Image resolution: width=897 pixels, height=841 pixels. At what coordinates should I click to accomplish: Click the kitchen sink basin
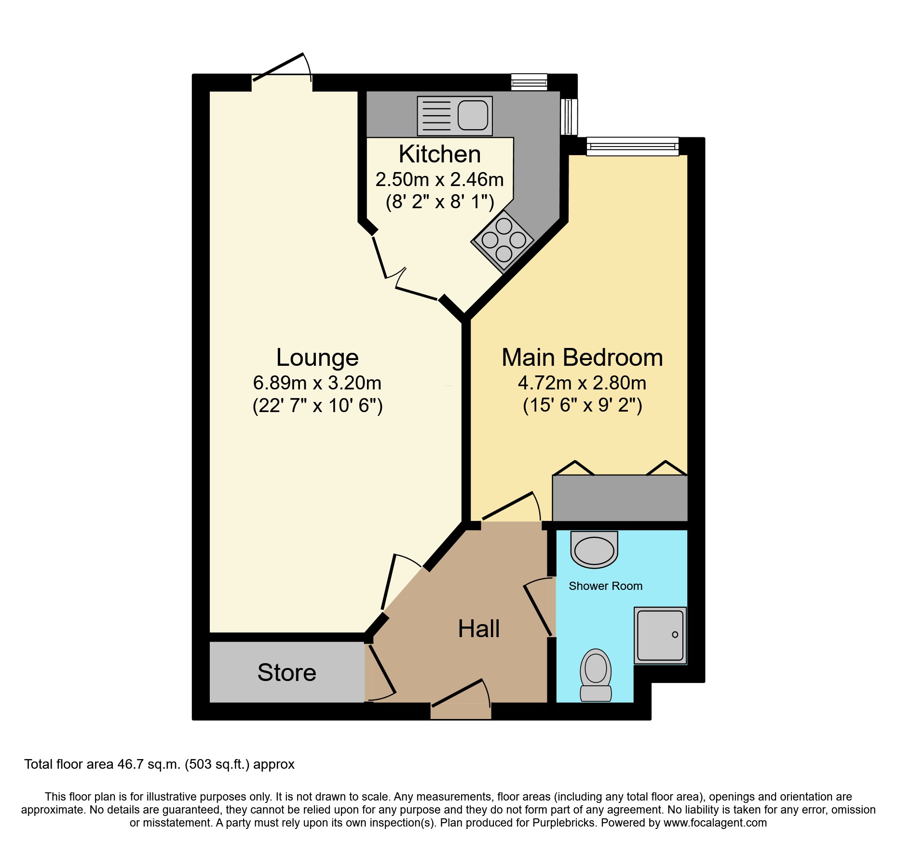pos(473,115)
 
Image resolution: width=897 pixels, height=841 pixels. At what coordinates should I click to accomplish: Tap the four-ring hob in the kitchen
pos(503,240)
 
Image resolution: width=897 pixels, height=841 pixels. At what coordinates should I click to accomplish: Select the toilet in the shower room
pos(596,675)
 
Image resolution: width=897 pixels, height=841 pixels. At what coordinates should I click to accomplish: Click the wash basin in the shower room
pos(594,550)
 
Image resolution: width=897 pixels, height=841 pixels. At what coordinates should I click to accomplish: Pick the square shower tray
pos(660,635)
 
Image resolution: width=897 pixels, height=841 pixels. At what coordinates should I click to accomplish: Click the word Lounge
pos(317,358)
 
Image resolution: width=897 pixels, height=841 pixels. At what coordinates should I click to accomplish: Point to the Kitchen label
pos(439,154)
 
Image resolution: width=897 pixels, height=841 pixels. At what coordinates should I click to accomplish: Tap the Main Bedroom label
pos(582,358)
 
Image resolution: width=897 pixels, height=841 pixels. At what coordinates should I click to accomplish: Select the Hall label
pos(478,629)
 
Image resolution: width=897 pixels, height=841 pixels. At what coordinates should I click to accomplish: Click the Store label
pos(287,672)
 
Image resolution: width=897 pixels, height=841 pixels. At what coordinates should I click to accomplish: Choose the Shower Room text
pos(605,586)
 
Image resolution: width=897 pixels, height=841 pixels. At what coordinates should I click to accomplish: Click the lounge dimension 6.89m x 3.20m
pos(317,383)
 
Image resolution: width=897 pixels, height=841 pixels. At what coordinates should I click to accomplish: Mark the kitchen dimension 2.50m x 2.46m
pos(439,180)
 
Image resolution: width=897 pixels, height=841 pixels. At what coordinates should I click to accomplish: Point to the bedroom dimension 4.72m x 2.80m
pos(582,383)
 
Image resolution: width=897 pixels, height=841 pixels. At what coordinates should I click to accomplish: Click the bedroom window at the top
pos(632,146)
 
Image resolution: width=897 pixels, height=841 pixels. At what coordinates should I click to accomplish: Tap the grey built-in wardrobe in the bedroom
pos(620,498)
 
